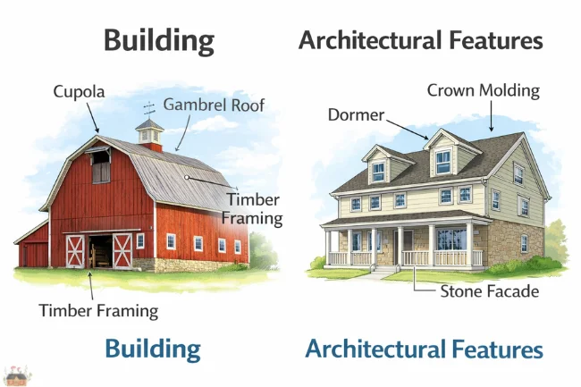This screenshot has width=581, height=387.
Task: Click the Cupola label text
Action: point(78,91)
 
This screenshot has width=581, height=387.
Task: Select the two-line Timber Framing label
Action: point(255,208)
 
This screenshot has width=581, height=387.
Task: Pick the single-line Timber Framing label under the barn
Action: point(98,311)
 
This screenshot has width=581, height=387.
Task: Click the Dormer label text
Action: point(356,115)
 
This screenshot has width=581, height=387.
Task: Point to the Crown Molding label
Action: point(483,90)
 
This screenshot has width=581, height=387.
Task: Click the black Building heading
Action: point(159,40)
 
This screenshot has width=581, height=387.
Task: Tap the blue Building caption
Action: point(152,348)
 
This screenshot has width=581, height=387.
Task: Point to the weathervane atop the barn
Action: point(149,110)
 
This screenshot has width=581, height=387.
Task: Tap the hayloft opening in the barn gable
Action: point(101,167)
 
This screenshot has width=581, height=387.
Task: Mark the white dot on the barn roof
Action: point(187,177)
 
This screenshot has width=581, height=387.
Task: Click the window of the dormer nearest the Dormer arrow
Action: point(442,161)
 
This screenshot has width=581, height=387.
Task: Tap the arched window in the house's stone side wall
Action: point(524,242)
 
